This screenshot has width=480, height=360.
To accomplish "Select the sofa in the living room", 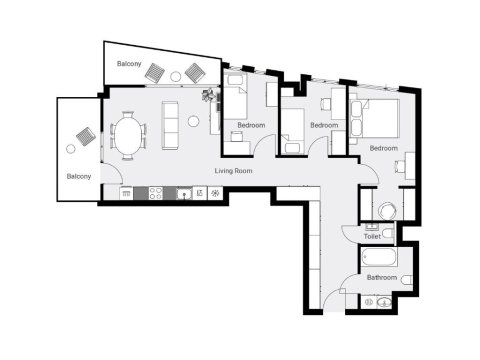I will coord(170,123).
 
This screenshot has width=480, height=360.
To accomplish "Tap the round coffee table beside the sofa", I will coord(193,123).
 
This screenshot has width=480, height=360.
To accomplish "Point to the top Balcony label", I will coord(129,64).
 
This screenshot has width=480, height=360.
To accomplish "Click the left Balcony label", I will coord(79,176).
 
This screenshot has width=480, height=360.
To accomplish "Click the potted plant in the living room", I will coord(208,97).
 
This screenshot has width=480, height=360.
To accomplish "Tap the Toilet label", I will coord(372,237).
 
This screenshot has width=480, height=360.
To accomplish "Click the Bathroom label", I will coord(381,277).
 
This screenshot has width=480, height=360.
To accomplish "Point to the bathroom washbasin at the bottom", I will coord(380,301).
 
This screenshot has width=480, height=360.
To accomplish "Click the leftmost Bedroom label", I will coord(251,125).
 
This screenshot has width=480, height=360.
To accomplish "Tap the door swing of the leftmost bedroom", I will coord(263,145).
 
